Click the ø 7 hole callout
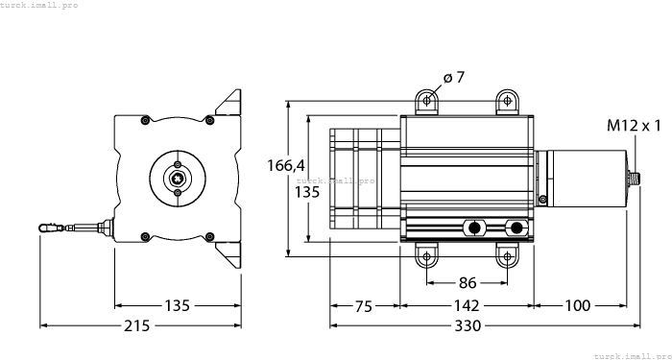(x=454, y=78)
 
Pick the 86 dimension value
(x=466, y=283)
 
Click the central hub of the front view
(x=177, y=177)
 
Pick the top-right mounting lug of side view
(x=506, y=101)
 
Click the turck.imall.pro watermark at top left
(x=39, y=5)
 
